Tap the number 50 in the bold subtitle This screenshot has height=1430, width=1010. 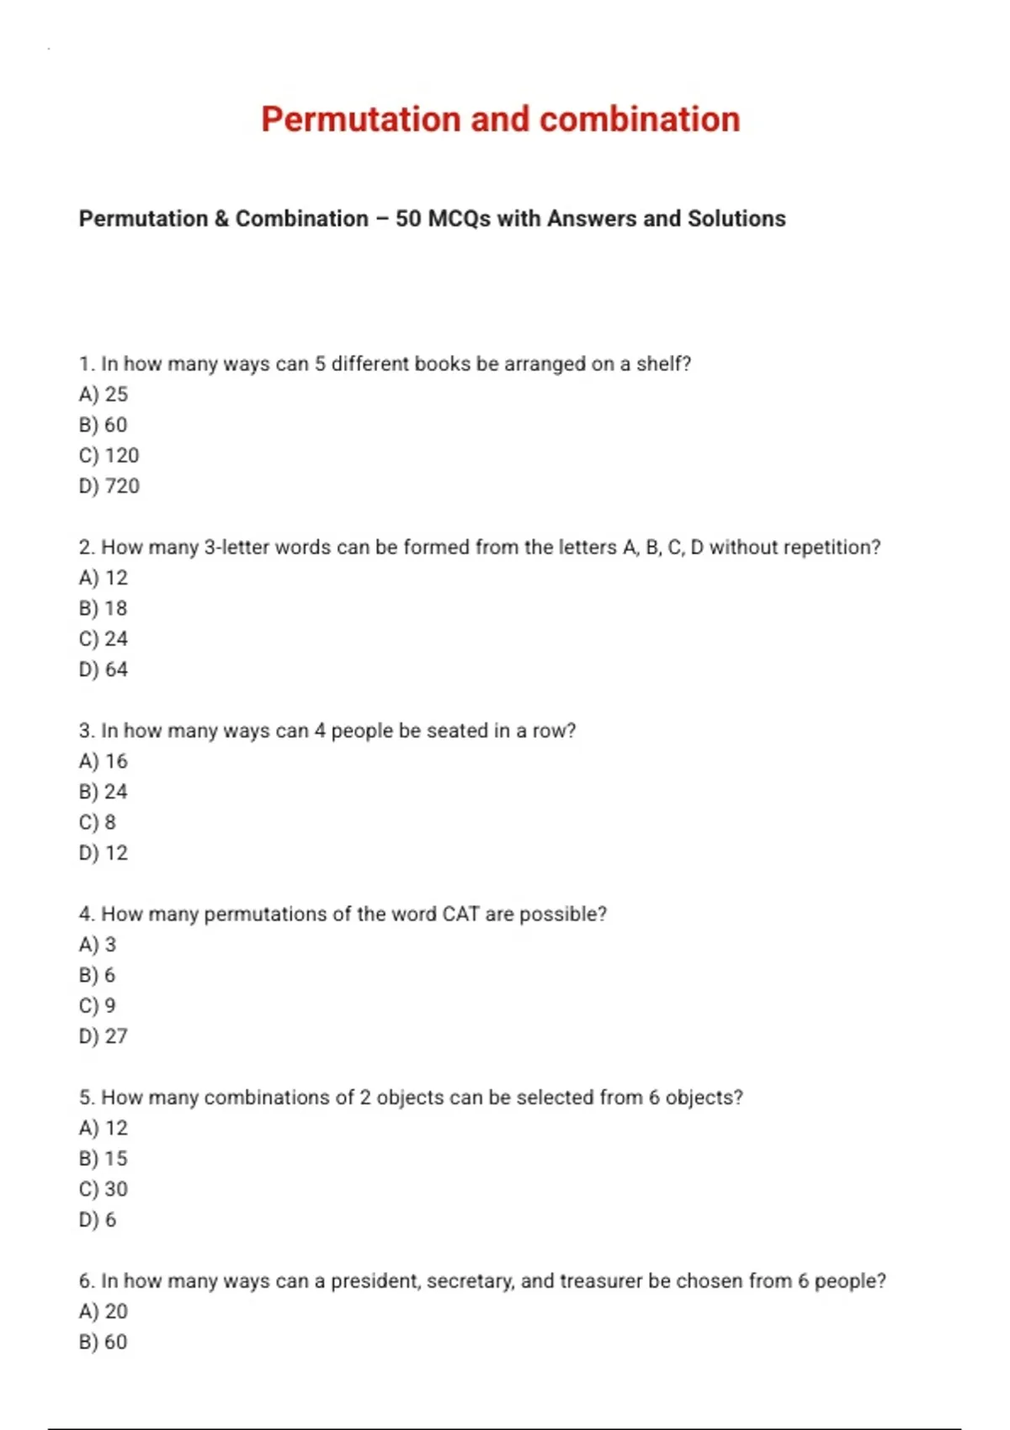tap(408, 219)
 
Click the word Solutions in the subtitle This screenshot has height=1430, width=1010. tap(736, 219)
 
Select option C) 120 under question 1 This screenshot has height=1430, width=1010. tap(109, 455)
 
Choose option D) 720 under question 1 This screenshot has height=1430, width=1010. tap(109, 486)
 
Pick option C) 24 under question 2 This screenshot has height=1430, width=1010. tap(103, 638)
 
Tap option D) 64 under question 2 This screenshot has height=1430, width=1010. tap(103, 670)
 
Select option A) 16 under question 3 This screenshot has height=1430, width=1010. tap(103, 761)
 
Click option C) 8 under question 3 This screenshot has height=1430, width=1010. tap(97, 822)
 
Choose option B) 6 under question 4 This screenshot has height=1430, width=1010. tap(97, 975)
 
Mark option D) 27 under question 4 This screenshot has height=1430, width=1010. tap(103, 1036)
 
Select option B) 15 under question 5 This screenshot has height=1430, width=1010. tap(103, 1158)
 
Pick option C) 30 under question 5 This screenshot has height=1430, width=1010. tap(103, 1189)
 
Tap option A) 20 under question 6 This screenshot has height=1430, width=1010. tap(103, 1311)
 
